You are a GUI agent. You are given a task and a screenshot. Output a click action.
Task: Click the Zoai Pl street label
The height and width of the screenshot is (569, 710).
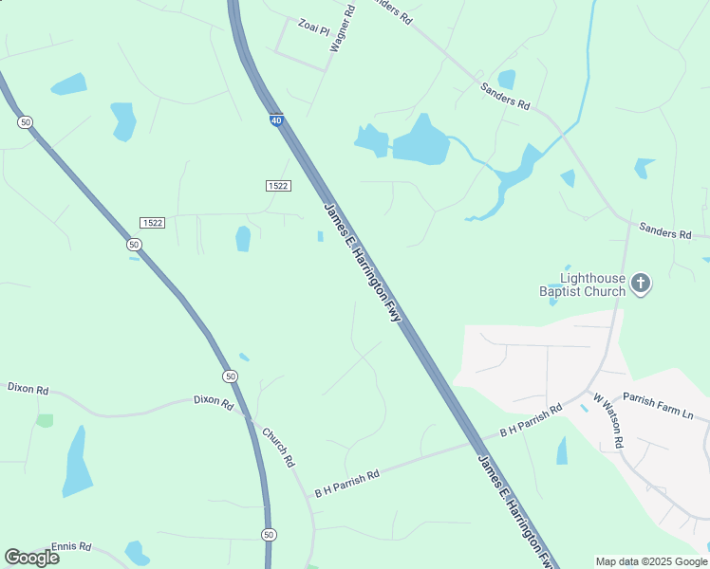[x=311, y=25]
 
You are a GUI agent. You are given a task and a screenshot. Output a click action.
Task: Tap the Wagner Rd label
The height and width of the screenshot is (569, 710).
[x=342, y=28]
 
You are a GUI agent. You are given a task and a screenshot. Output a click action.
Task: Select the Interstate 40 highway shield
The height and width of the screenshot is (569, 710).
[x=275, y=120]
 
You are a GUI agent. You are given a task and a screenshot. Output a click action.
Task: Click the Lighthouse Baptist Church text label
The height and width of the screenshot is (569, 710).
[x=592, y=284]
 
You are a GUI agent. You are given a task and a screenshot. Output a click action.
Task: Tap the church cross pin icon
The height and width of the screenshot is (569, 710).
[x=641, y=283]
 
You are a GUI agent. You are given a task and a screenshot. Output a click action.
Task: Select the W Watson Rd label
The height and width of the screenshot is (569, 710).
[x=607, y=421]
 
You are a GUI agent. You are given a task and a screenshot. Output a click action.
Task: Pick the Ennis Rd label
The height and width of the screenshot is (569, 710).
[x=71, y=546]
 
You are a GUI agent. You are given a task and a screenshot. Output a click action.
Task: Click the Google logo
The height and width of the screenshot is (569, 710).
[x=31, y=557]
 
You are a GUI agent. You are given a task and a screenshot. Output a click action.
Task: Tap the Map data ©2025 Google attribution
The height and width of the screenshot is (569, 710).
[x=652, y=561]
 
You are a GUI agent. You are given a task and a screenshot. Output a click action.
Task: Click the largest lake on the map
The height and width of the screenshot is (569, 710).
[x=420, y=142]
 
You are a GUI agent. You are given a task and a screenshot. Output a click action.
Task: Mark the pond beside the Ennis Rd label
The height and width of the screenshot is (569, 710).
[x=137, y=552]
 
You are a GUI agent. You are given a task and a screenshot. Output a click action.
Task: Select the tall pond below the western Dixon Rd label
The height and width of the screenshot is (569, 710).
[x=77, y=464]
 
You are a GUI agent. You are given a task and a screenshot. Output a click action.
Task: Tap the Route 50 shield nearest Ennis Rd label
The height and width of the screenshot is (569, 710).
[x=269, y=536]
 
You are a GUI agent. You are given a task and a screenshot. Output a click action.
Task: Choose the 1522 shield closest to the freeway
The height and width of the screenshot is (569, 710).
[x=277, y=186]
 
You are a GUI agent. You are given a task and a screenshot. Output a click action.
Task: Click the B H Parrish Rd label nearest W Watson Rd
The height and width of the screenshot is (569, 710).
[x=531, y=420]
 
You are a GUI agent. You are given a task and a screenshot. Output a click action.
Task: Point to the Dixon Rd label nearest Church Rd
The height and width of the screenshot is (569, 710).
[x=214, y=402]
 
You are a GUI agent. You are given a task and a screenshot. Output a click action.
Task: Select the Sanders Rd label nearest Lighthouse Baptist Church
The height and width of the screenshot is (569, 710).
[x=664, y=231]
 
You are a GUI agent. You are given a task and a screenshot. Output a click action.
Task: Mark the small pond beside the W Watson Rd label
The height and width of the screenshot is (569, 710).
[x=562, y=450]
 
